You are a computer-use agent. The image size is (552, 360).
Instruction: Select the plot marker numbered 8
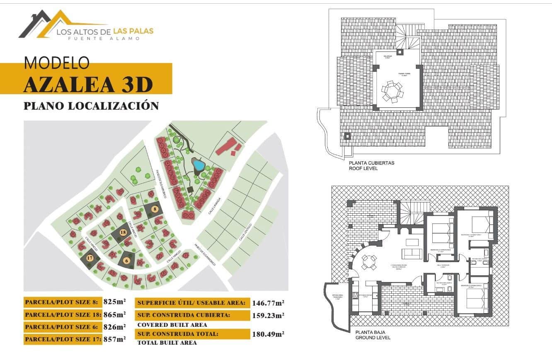[x=155, y=209]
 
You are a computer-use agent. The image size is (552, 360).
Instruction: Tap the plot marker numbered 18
[x=123, y=233]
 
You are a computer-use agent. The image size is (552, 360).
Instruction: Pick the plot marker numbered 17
[x=90, y=258]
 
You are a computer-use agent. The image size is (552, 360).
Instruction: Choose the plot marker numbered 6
[x=127, y=260]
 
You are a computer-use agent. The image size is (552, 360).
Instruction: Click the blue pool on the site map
[x=199, y=165]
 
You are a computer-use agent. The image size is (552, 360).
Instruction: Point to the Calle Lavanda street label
[x=216, y=205]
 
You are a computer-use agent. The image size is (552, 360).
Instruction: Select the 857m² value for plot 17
[x=114, y=339]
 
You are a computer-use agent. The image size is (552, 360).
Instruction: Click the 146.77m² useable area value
[x=268, y=303]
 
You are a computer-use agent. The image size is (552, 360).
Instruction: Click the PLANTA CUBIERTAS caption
[x=372, y=163]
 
